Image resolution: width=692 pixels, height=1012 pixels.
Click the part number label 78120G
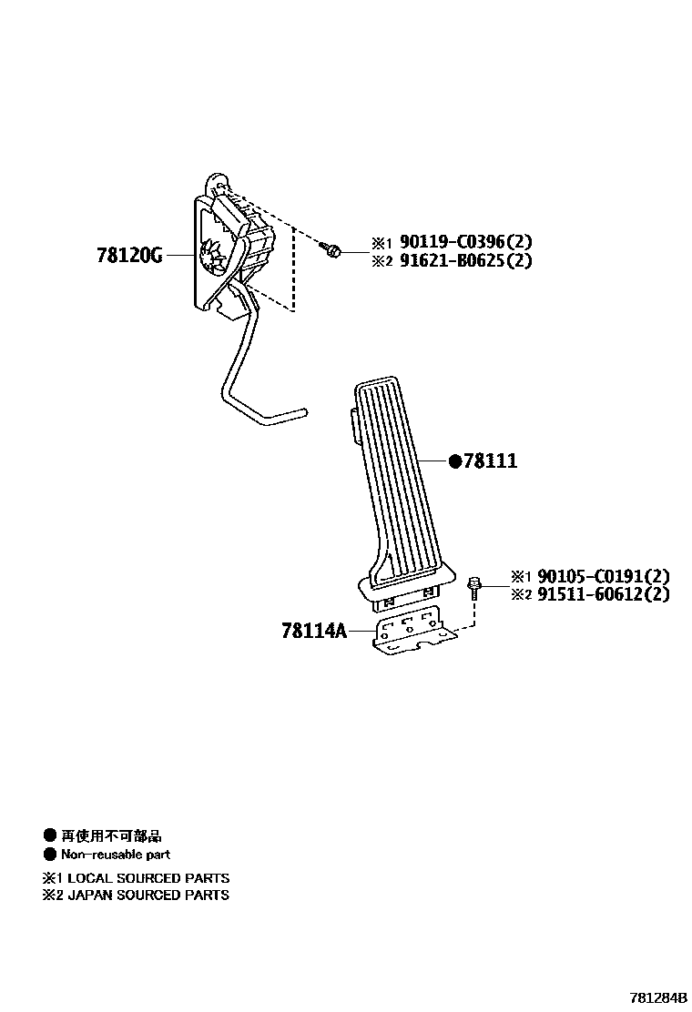click(x=129, y=256)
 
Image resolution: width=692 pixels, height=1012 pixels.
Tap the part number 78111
click(x=490, y=461)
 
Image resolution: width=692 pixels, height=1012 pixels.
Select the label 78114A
click(x=314, y=630)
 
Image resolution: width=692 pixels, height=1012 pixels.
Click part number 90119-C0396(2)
click(x=465, y=243)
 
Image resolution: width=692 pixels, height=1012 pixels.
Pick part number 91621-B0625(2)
click(x=465, y=261)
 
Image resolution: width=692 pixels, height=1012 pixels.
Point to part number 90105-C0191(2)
click(x=604, y=576)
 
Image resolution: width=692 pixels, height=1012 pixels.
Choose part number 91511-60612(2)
click(x=604, y=595)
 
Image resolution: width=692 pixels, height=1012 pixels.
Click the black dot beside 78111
click(x=455, y=461)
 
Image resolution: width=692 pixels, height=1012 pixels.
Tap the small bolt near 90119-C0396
click(x=332, y=248)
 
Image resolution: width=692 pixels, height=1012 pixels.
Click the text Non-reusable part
click(x=116, y=855)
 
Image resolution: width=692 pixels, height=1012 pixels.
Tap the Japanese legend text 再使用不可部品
click(x=111, y=835)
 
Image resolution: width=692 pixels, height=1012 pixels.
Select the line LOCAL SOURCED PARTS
click(x=148, y=878)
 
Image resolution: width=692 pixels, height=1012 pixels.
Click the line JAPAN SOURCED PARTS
click(x=148, y=896)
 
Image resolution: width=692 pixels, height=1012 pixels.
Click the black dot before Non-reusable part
click(x=49, y=855)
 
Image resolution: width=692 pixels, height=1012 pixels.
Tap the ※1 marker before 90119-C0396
click(x=380, y=243)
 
